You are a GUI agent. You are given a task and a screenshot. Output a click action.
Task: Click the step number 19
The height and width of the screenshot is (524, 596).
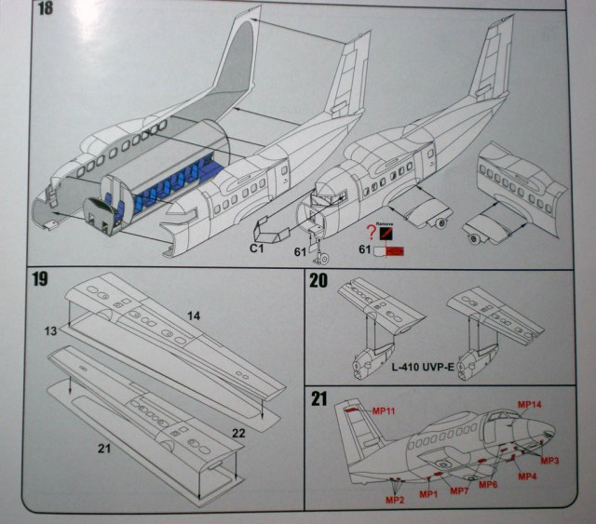[40, 278]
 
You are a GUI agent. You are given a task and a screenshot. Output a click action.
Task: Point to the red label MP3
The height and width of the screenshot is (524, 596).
[549, 461]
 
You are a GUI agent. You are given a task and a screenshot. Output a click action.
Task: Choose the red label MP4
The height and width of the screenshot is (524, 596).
[527, 477]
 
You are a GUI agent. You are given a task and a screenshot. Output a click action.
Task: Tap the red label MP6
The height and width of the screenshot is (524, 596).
[488, 484]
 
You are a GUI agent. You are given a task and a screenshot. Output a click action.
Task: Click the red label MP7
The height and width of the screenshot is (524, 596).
[458, 491]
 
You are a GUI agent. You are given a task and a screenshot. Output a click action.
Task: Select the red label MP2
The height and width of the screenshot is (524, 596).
[396, 500]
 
